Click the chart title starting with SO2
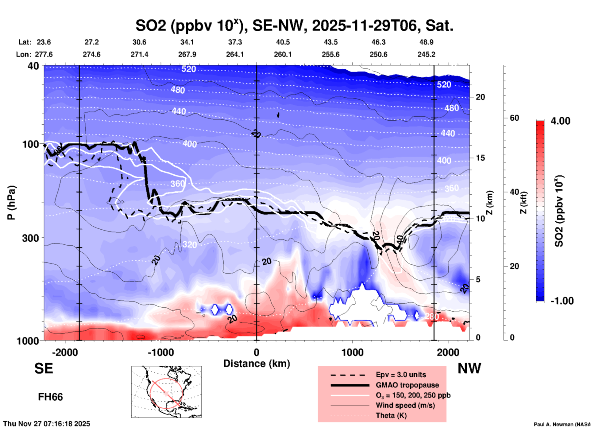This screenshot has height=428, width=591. tap(294, 26)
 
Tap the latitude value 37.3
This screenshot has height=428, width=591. tap(235, 42)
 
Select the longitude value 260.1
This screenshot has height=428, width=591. tap(283, 54)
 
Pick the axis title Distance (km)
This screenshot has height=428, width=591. tap(257, 364)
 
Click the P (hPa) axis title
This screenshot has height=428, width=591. tap(11, 202)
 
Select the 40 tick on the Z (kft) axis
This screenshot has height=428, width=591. tap(514, 192)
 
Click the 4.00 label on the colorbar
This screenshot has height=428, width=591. tap(560, 121)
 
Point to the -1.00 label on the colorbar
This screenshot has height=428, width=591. tap(562, 301)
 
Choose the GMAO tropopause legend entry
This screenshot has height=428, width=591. tap(407, 385)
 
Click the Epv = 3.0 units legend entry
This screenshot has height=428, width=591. tap(401, 375)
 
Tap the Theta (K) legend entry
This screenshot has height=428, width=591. tap(391, 415)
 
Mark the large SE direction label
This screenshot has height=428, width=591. tap(44, 368)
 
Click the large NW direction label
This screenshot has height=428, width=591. tap(469, 368)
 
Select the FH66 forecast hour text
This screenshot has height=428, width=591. tap(50, 397)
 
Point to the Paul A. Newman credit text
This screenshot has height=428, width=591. tap(562, 424)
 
